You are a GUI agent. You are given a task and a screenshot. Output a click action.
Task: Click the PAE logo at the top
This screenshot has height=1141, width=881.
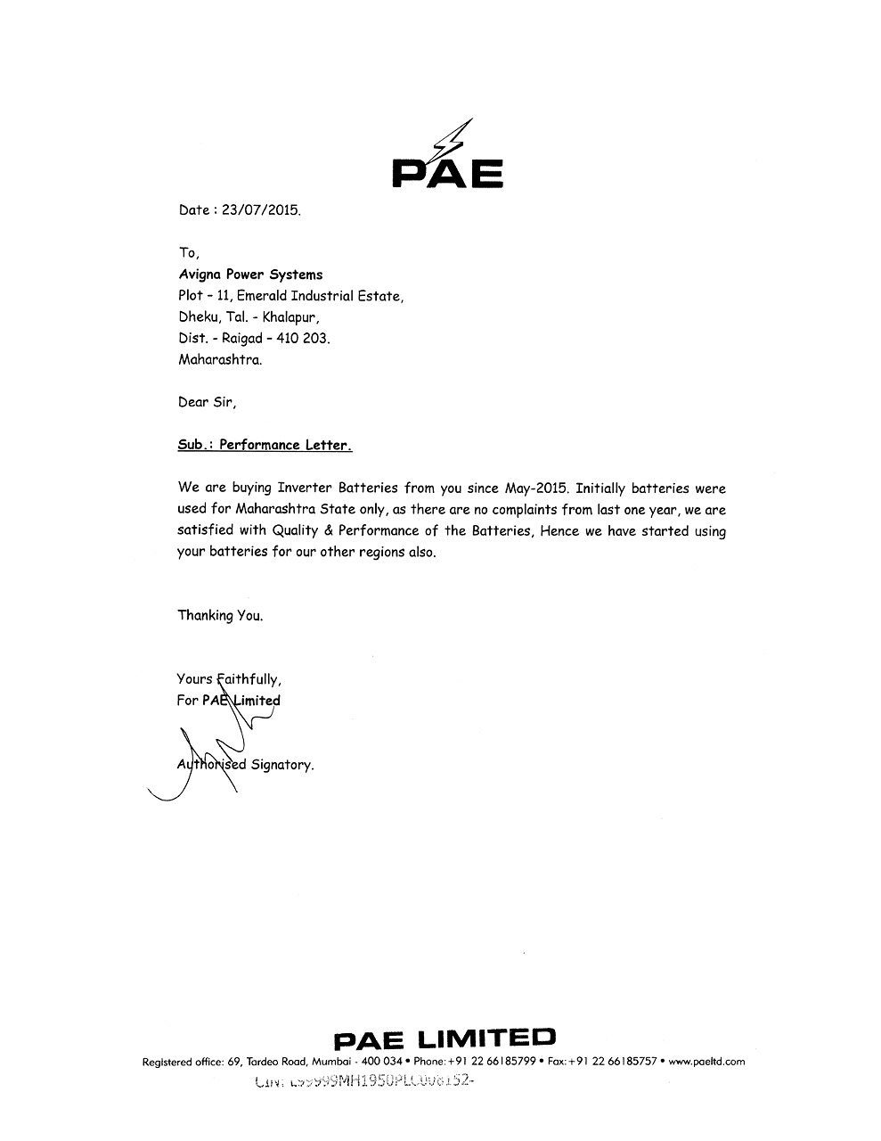pos(448,158)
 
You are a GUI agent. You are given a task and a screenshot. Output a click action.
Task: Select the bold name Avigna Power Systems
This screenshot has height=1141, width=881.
pos(250,275)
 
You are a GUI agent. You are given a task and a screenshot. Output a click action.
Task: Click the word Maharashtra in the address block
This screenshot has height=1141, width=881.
pos(220,360)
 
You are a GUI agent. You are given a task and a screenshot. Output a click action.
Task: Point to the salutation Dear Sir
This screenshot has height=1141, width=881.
pos(207,402)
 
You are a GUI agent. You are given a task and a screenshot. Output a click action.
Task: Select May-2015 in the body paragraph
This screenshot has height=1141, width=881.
pos(536,488)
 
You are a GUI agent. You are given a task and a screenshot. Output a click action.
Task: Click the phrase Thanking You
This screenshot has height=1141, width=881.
pos(220,615)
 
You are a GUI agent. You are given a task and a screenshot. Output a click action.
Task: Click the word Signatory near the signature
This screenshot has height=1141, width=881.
pos(282,765)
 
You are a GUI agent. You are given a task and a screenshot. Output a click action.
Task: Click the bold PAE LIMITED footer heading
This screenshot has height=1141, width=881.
pos(444,1038)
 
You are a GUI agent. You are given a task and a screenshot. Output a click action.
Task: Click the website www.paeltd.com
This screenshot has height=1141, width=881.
pos(706,1062)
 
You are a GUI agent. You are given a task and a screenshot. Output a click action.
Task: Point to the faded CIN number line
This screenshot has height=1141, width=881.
pos(361,1082)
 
